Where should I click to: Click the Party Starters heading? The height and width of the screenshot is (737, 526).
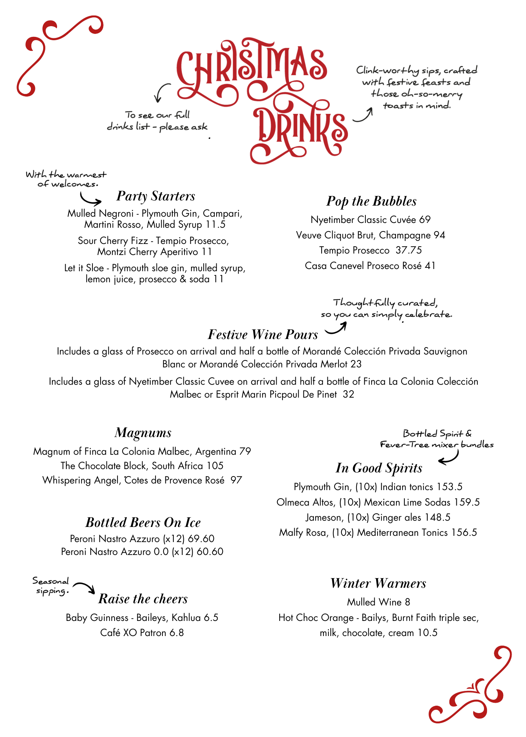coord(155,196)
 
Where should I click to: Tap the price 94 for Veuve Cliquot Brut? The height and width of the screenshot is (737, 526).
coord(439,235)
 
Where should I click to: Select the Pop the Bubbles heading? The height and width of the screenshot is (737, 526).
coord(371,202)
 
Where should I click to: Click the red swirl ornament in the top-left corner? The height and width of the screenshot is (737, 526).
coord(55,53)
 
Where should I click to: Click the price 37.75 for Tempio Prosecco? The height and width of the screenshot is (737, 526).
coord(408,251)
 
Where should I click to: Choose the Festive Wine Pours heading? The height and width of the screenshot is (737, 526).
coord(263,335)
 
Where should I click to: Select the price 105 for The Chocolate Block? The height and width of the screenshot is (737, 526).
coord(215,466)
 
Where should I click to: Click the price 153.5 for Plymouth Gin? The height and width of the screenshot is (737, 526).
coord(449,487)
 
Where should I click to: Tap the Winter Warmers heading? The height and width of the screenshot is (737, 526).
coord(378,584)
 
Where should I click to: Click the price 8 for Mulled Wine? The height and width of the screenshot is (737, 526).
coord(407,602)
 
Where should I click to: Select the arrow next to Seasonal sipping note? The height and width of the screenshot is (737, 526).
coord(84,587)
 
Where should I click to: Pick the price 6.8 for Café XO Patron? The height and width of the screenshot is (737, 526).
coord(176,633)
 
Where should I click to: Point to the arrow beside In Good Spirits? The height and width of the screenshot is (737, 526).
coord(449,458)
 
